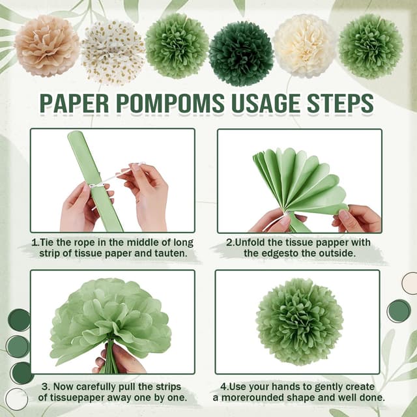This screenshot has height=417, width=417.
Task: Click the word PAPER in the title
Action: point(74,103)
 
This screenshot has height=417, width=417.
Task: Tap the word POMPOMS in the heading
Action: point(170,103)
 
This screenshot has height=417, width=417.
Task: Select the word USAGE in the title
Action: point(266,103)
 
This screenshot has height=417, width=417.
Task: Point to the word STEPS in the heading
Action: point(340,103)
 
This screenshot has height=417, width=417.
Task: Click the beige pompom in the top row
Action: point(47,46)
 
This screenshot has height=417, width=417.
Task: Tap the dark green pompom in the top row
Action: point(241,53)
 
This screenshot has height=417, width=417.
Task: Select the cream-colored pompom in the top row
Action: point(305,46)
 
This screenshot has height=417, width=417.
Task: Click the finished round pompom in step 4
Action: point(300,322)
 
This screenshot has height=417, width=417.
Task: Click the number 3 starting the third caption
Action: point(45,387)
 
